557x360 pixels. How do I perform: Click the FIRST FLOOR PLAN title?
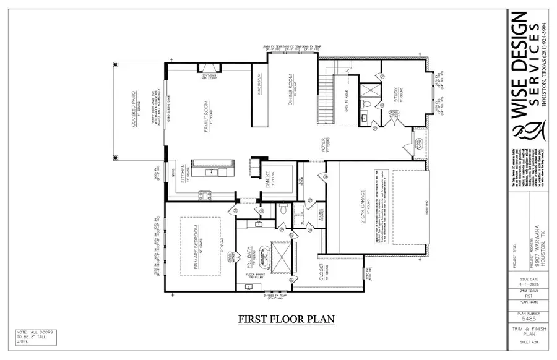tap(287, 319)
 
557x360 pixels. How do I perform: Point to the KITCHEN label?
tap(183, 174)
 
